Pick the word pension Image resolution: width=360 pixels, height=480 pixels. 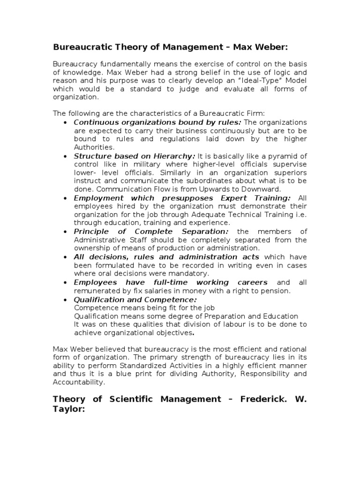click(277, 291)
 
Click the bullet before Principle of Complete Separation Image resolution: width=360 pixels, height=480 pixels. click(65, 232)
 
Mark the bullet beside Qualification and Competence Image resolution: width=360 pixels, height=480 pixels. click(65, 300)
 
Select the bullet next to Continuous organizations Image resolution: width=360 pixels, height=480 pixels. click(65, 122)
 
